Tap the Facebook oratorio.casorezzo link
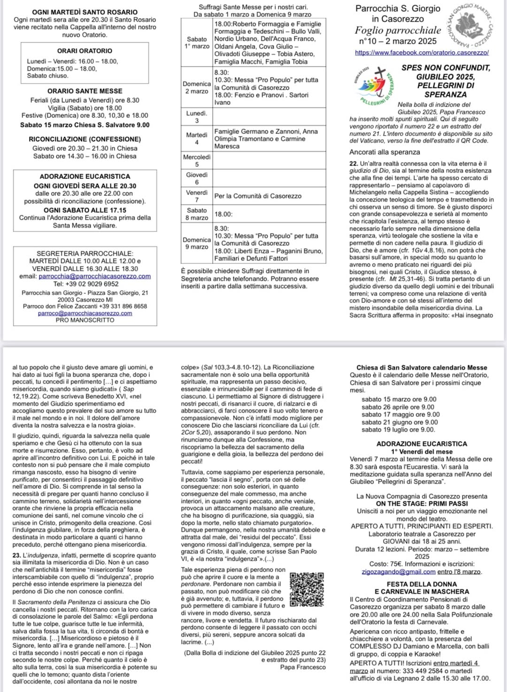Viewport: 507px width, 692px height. click(422, 53)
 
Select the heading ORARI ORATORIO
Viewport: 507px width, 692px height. click(85, 51)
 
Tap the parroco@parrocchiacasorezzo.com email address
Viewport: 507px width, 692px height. click(85, 313)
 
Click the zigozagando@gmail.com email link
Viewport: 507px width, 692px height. click(399, 571)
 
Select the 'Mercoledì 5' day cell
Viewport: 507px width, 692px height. click(197, 161)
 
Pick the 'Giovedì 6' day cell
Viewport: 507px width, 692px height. click(197, 178)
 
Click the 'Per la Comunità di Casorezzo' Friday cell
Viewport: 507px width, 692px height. click(258, 196)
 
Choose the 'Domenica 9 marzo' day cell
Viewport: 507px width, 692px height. click(197, 243)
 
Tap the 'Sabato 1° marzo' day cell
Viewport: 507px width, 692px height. click(197, 43)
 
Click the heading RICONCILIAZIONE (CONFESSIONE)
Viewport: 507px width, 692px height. click(85, 139)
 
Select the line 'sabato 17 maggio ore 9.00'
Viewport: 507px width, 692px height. click(400, 415)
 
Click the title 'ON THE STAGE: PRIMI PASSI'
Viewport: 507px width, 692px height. click(422, 504)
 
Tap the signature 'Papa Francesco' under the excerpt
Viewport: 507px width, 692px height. click(303, 667)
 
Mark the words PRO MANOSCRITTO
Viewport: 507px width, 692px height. click(85, 320)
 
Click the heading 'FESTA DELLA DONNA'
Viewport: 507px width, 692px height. click(422, 584)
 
